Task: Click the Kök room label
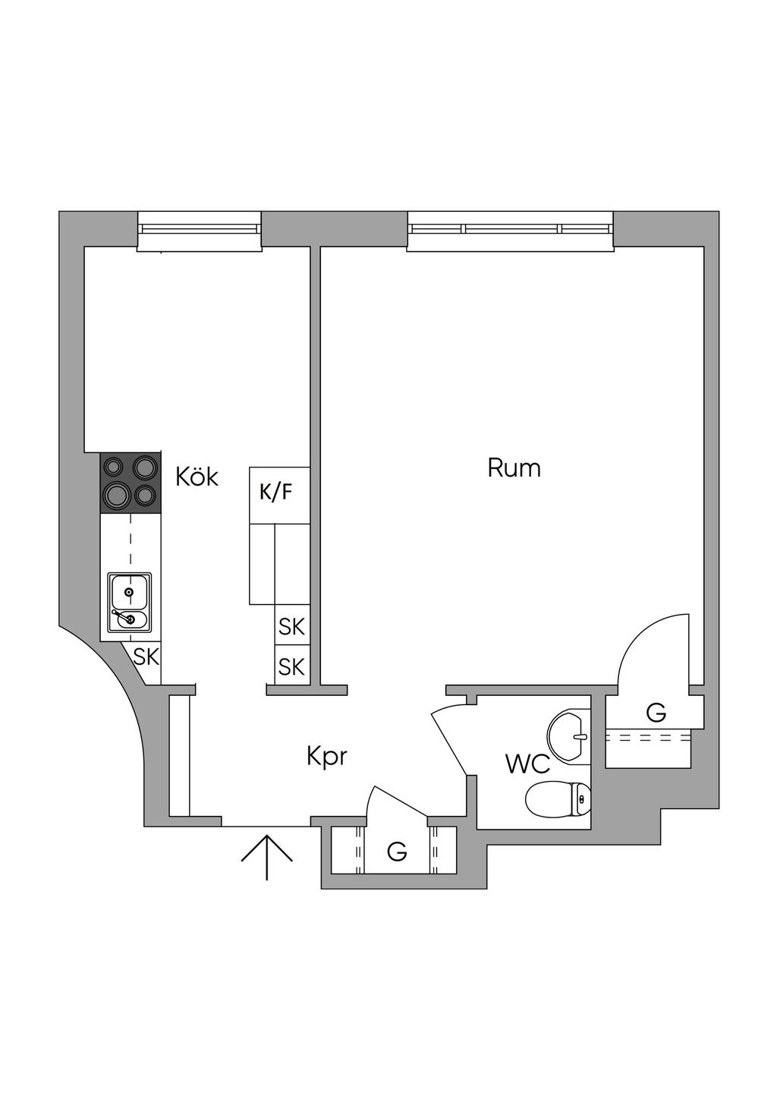click(197, 477)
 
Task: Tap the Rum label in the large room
click(514, 468)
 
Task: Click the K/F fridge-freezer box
click(279, 495)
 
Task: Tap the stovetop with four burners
click(131, 483)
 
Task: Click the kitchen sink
click(130, 603)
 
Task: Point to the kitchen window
click(199, 231)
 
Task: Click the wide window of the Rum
click(510, 231)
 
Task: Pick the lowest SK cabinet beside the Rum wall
click(292, 666)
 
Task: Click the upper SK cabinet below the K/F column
click(292, 626)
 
